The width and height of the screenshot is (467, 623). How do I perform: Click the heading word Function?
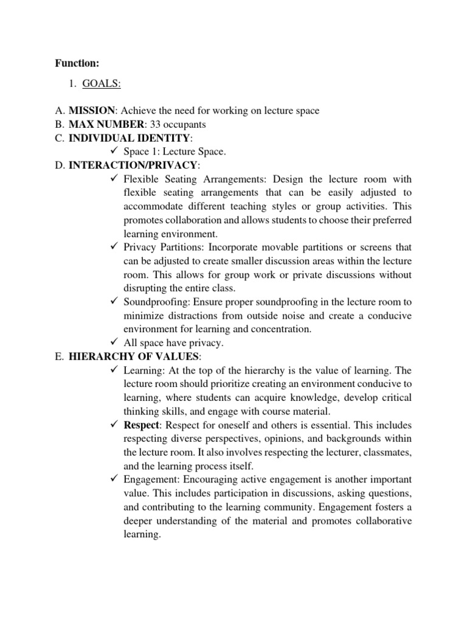77,63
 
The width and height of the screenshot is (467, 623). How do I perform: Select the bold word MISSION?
91,111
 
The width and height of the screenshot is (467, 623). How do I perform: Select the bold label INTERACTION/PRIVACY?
133,165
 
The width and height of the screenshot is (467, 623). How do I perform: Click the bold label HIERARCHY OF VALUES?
134,357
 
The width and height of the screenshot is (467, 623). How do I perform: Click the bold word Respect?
142,425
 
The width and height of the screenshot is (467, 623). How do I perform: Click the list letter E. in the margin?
58,357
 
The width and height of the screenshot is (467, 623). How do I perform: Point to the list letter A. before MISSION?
59,111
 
